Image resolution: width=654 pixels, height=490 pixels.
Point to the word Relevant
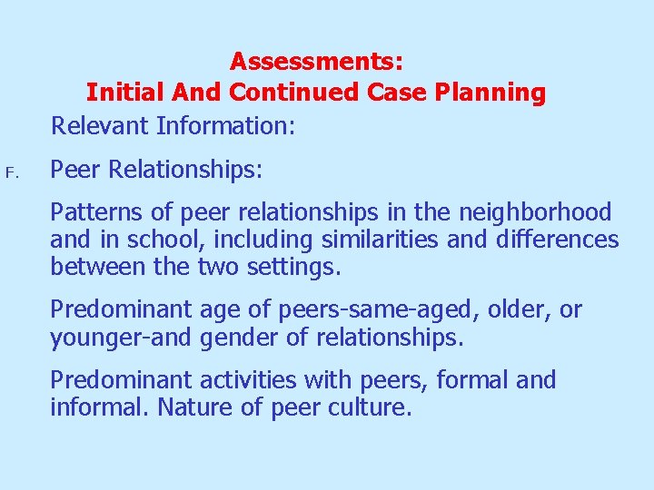[100, 124]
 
